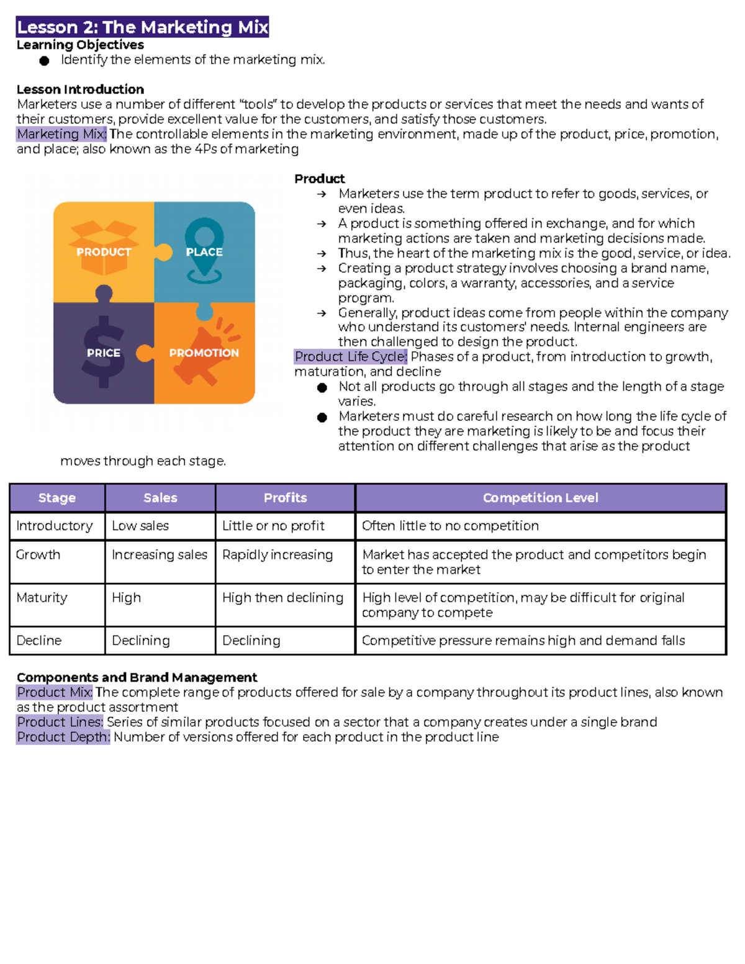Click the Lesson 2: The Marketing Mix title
click(143, 27)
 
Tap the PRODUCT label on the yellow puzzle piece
click(104, 252)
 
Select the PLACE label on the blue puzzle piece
click(204, 252)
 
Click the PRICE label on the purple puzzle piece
click(104, 353)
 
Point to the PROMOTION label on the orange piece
click(204, 353)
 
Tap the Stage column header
click(57, 498)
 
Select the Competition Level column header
click(540, 498)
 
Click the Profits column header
click(285, 498)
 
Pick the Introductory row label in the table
click(55, 526)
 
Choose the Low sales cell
click(140, 526)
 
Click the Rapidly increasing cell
click(278, 554)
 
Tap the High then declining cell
click(282, 598)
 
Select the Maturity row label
click(42, 598)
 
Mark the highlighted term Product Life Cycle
click(351, 357)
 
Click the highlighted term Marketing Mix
click(61, 134)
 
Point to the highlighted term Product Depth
click(63, 737)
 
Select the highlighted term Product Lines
click(60, 722)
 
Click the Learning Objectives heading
click(80, 45)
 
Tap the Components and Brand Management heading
click(137, 677)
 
